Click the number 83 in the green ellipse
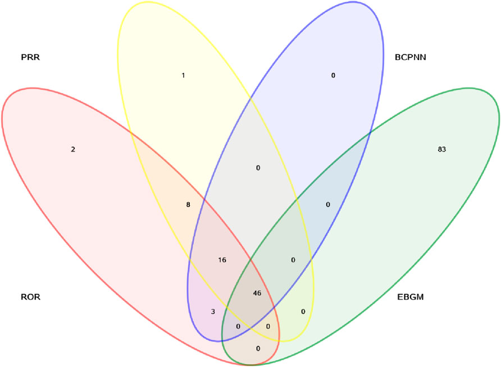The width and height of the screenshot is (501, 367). [x=441, y=149]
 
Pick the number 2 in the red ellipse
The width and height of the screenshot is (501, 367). [x=73, y=149]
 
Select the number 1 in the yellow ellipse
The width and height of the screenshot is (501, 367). [x=183, y=75]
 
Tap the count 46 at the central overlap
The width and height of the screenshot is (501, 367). [x=257, y=293]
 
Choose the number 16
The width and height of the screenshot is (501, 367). [x=222, y=260]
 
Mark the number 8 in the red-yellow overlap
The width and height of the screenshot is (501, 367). [x=188, y=205]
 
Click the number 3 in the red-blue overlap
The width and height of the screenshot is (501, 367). [x=213, y=311]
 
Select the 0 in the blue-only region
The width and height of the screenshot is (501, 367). [x=333, y=75]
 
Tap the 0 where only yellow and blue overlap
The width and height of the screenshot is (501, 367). [x=258, y=167]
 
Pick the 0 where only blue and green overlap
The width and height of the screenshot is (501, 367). [x=328, y=205]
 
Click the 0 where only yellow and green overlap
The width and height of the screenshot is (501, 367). [x=303, y=311]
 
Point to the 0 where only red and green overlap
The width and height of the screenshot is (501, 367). [x=258, y=348]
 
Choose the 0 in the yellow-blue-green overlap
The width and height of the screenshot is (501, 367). [x=293, y=260]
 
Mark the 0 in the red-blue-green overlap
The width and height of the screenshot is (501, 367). [x=238, y=326]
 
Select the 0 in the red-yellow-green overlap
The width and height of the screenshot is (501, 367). [x=268, y=326]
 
